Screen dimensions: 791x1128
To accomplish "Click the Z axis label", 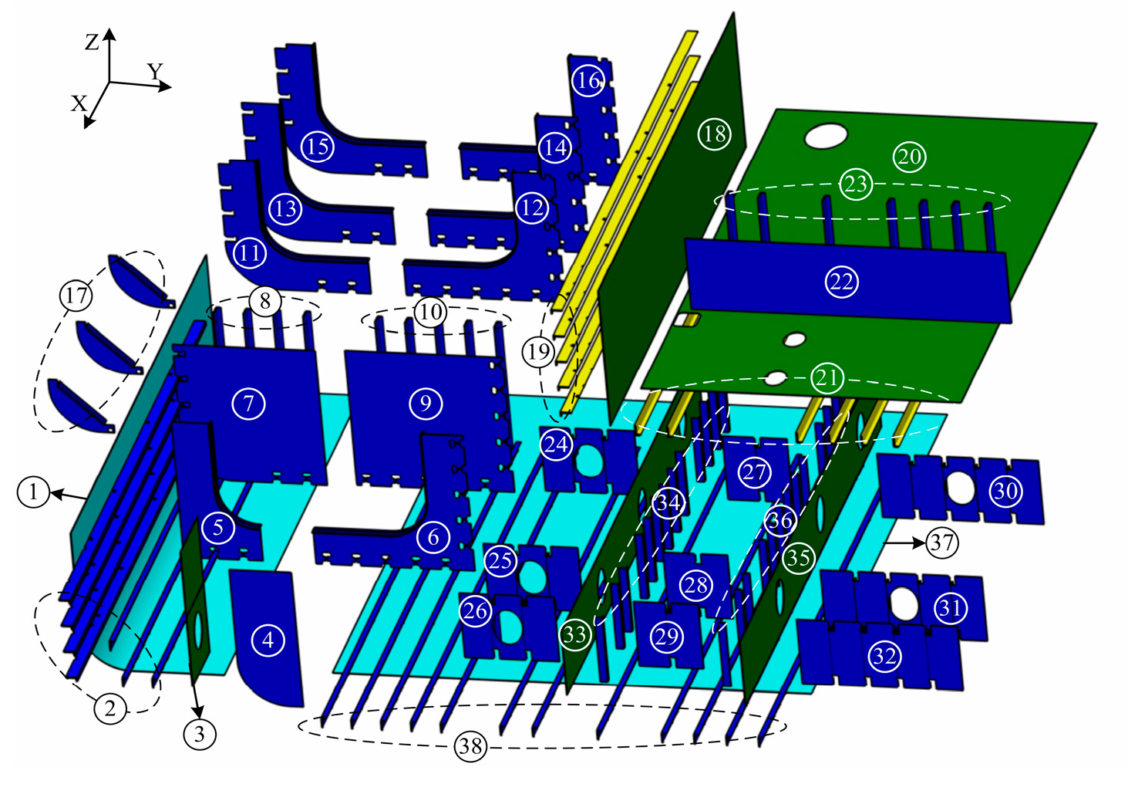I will [x=92, y=42].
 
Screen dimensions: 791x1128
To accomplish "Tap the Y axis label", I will [x=156, y=72].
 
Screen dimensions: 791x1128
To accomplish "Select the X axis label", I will [x=79, y=103].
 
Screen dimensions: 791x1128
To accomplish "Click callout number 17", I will [x=76, y=296].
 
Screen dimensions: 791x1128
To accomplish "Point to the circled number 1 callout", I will [x=33, y=492].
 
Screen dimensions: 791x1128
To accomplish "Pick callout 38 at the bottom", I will [x=470, y=745].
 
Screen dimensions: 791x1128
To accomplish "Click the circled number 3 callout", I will [x=200, y=733].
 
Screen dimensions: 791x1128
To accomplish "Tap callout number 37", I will [x=942, y=543].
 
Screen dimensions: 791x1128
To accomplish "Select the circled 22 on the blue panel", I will [x=841, y=282].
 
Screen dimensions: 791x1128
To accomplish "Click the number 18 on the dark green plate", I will [x=715, y=134].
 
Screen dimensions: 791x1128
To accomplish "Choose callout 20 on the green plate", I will [x=909, y=157].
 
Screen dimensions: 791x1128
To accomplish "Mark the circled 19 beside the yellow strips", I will [x=538, y=352].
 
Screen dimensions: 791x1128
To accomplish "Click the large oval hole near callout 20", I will [x=826, y=136].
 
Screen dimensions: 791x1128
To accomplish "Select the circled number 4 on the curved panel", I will [x=268, y=640].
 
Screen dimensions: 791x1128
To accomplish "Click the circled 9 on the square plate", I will [x=426, y=403].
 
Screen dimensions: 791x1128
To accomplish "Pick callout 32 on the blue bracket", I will [x=884, y=657].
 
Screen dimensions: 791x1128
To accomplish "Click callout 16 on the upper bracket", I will [x=588, y=80].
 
